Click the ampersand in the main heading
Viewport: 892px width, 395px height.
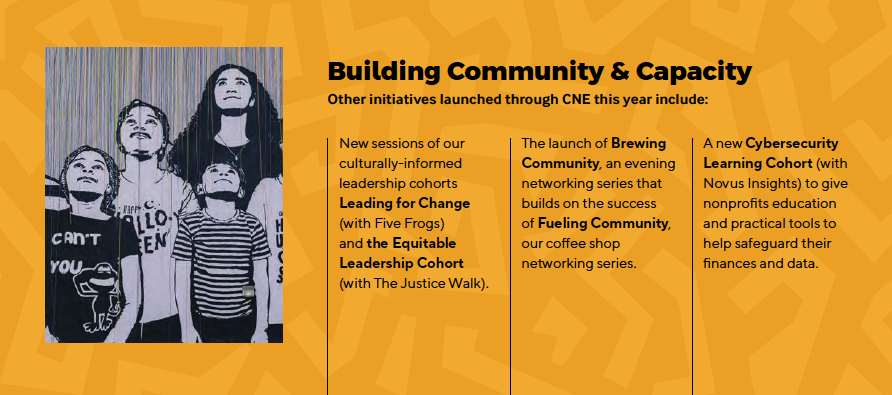tap(617, 72)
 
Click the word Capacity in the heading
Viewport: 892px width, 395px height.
tap(693, 73)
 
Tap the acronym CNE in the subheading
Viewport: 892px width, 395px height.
tap(572, 100)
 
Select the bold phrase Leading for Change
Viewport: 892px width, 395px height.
tap(404, 203)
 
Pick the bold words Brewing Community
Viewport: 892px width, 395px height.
tap(594, 153)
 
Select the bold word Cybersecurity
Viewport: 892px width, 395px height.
tap(792, 143)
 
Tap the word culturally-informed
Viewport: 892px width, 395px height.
tap(400, 163)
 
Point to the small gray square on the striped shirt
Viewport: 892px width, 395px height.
tap(247, 291)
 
